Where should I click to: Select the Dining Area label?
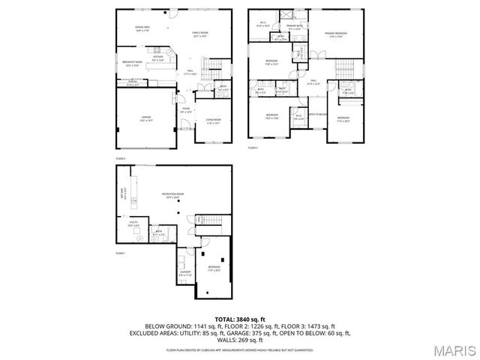(x=142, y=28)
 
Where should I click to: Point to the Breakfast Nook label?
(x=133, y=63)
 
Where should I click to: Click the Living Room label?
(x=213, y=121)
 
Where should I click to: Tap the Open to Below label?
(x=318, y=114)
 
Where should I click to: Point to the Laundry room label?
(x=184, y=272)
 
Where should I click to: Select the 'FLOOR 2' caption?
(x=121, y=159)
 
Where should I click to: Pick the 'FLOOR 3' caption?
(x=253, y=148)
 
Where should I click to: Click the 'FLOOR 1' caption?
(x=121, y=253)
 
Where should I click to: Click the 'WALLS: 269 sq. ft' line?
(x=239, y=337)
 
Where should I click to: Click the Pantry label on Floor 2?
(x=132, y=83)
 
